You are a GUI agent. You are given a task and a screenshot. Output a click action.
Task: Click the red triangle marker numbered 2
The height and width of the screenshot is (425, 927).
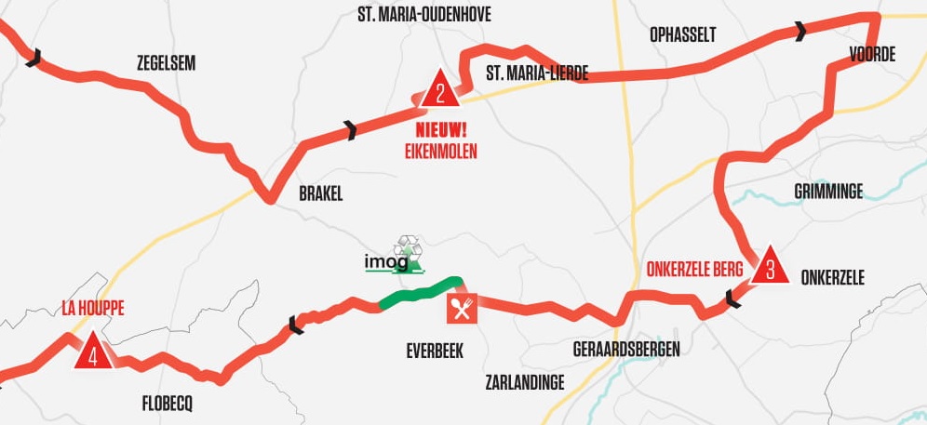tap(439, 91)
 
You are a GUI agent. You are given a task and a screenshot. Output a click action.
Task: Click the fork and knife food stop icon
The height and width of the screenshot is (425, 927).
tap(462, 307)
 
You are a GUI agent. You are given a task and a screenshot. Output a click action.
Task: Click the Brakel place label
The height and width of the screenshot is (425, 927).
tap(321, 194)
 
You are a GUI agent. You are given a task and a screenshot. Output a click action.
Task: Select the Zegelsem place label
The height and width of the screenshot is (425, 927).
tap(167, 63)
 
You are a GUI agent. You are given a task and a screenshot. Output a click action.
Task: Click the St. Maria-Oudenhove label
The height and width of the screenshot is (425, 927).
tap(424, 15)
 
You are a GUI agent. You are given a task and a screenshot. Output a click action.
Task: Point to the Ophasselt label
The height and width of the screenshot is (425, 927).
tap(683, 35)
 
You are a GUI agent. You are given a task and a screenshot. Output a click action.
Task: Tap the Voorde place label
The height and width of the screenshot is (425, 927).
tap(872, 55)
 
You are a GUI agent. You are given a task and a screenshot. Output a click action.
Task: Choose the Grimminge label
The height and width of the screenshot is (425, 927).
tap(828, 192)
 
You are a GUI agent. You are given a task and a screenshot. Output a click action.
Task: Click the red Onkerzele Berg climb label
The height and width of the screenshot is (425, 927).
tap(694, 271)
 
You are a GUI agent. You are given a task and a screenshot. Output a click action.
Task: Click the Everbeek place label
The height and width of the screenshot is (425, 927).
tap(435, 351)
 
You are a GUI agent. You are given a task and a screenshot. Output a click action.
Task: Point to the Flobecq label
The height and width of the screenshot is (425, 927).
tap(167, 404)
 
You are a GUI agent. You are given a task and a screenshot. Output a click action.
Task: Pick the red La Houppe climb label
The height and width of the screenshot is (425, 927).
tap(92, 308)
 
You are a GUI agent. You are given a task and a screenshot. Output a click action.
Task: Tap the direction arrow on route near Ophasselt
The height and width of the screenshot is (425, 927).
tap(799, 33)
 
